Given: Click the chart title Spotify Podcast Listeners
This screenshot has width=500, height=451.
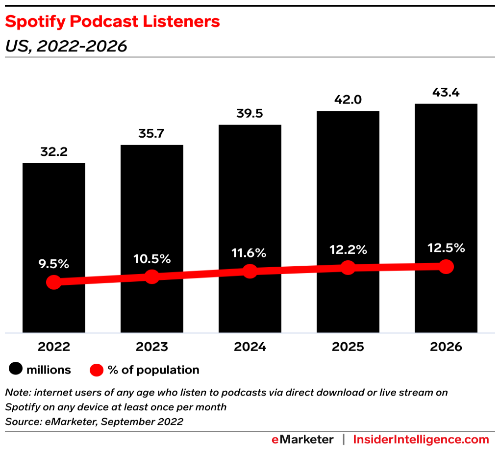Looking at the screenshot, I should point(112,22).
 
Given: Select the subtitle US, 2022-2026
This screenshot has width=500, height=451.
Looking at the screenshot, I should point(66,46).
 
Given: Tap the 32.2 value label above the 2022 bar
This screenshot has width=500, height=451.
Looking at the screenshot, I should point(54,152).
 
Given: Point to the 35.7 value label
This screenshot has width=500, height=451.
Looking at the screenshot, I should point(152,133).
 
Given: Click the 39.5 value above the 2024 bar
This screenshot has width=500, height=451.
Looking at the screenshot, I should point(250,114).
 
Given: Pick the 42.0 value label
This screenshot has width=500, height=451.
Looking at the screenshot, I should point(348,100).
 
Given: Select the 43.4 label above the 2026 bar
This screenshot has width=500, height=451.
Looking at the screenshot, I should point(446,92).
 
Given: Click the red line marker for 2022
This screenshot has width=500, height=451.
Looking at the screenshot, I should point(54,282).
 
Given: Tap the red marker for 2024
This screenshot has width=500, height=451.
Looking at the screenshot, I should point(250,271).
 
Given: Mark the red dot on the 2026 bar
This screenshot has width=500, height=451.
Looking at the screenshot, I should point(446,267).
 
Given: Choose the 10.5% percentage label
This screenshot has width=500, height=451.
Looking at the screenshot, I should point(152,259).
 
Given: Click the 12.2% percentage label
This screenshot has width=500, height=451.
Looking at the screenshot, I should point(348,250).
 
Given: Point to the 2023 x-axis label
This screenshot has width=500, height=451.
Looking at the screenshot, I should point(152,347).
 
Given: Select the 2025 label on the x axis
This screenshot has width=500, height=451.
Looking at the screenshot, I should point(348,347).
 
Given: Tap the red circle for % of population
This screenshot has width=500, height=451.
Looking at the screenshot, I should point(97,370).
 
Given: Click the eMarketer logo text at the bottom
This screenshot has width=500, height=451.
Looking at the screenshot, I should point(302,439).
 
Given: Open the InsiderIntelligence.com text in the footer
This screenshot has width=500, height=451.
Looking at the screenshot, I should point(421,439).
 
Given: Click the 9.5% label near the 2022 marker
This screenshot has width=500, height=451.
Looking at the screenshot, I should point(54,264).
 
